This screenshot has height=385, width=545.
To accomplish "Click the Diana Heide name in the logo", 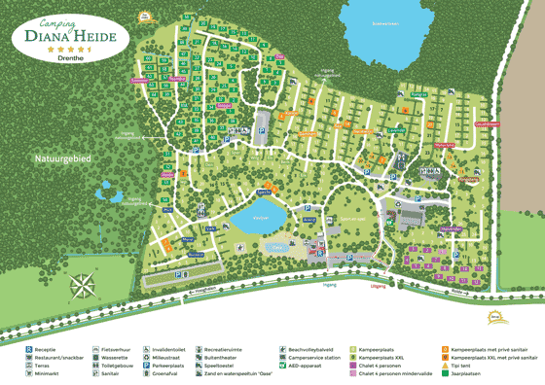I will (64, 36).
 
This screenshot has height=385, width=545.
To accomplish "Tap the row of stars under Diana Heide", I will (64, 48).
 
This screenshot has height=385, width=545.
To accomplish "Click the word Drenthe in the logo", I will (64, 57).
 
